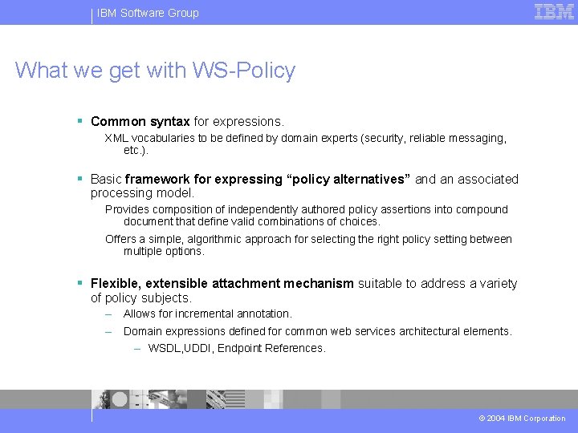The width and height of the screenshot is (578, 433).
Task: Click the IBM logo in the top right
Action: [x=554, y=12]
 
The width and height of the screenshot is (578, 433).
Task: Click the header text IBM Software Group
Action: [x=148, y=13]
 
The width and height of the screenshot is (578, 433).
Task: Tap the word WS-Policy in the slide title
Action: [x=244, y=71]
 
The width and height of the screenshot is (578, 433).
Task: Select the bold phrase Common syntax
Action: [x=140, y=122]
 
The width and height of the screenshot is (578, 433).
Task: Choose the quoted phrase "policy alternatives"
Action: [x=348, y=179]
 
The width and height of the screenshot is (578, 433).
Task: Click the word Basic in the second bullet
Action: [x=106, y=179]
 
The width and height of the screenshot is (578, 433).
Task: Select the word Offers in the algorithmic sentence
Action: [x=121, y=239]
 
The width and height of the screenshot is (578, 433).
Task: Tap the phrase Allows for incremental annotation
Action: [x=207, y=314]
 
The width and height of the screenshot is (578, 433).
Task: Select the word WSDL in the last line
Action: [x=165, y=348]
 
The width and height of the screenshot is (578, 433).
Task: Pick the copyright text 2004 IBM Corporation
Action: [x=526, y=419]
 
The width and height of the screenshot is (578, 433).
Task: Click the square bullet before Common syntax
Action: [x=80, y=121]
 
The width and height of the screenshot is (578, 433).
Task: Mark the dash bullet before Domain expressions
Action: [x=108, y=331]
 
